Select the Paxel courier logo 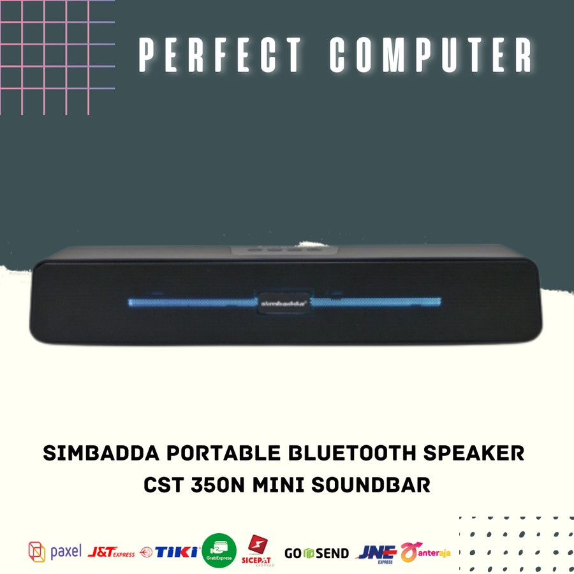coord(55,552)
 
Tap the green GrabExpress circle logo coord(219,550)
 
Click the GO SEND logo coord(316,553)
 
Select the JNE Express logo coord(376,552)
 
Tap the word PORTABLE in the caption coord(219,454)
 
